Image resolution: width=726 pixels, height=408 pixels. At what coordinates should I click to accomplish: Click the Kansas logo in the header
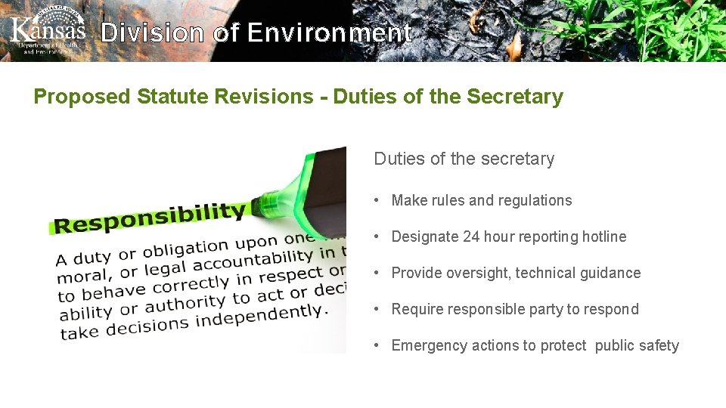click(x=48, y=32)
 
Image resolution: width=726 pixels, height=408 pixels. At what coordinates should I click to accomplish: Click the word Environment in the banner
click(x=330, y=33)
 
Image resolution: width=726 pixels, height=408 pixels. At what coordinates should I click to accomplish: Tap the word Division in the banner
click(x=152, y=33)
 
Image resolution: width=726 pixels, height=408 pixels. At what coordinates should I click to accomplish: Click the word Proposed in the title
click(x=82, y=97)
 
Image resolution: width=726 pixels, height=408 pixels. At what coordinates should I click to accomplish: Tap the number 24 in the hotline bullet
click(x=471, y=236)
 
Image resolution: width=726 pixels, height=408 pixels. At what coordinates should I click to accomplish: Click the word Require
click(x=416, y=309)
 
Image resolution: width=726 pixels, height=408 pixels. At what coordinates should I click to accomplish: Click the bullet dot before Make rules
click(x=376, y=200)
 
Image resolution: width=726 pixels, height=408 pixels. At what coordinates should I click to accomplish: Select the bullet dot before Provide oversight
click(x=376, y=273)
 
